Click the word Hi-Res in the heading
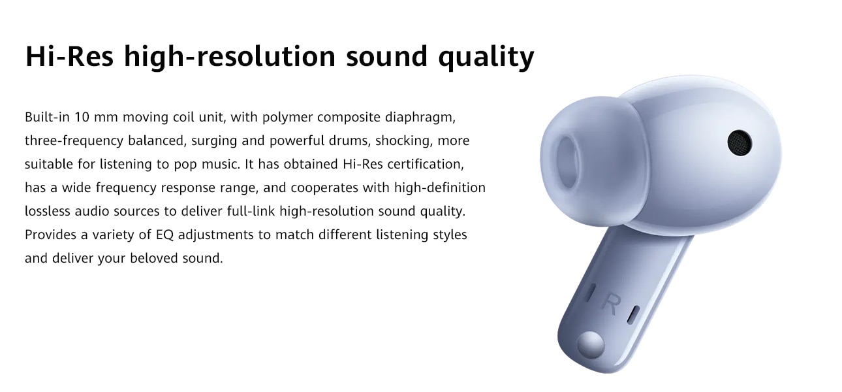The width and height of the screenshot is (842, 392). click(70, 56)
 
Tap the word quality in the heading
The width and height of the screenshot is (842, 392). click(486, 57)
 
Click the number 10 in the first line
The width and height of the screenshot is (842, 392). click(82, 118)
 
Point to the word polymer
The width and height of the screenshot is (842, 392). click(288, 118)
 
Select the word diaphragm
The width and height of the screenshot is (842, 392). click(420, 118)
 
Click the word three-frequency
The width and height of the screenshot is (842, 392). click(74, 141)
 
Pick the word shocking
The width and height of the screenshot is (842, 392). click(404, 141)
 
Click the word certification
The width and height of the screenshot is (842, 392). click(426, 165)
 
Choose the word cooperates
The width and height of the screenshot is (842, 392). click(324, 188)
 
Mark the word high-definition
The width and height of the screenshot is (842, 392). click(440, 188)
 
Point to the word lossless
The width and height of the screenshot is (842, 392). click(48, 212)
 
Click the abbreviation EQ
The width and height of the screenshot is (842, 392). click(164, 235)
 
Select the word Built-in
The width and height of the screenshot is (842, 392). click(48, 118)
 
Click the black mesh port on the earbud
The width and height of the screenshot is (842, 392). click(740, 143)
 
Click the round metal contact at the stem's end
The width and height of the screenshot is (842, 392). click(591, 344)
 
